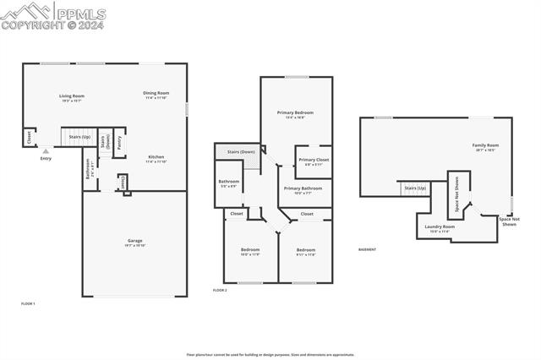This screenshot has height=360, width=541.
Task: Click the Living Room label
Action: [71, 96]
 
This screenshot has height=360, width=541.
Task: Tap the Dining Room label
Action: [156, 93]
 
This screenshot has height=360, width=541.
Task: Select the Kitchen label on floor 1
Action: [156, 157]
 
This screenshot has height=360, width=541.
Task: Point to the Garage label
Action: [134, 241]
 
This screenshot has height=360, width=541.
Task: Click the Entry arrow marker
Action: [45, 152]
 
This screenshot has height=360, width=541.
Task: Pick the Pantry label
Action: [119, 144]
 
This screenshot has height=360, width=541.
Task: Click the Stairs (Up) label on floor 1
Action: [79, 136]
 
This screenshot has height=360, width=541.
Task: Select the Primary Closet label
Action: [314, 160]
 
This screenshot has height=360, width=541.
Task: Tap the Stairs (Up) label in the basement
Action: [415, 188]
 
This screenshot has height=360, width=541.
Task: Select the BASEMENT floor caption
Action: [367, 249]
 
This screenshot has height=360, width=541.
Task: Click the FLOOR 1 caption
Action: [28, 303]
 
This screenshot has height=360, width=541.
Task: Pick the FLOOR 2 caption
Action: [220, 290]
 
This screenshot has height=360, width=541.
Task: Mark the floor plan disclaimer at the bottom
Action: [270, 355]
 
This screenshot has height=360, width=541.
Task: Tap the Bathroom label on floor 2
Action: [229, 182]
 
